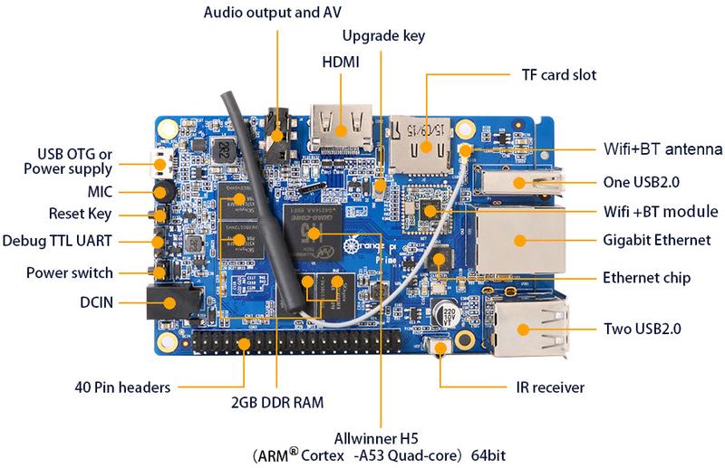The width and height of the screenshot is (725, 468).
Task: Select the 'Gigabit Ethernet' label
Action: click(652, 241)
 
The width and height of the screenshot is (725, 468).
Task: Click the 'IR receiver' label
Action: click(545, 388)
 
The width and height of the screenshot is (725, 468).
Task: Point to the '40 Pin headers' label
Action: click(123, 388)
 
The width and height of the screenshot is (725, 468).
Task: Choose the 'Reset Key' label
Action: click(80, 214)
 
